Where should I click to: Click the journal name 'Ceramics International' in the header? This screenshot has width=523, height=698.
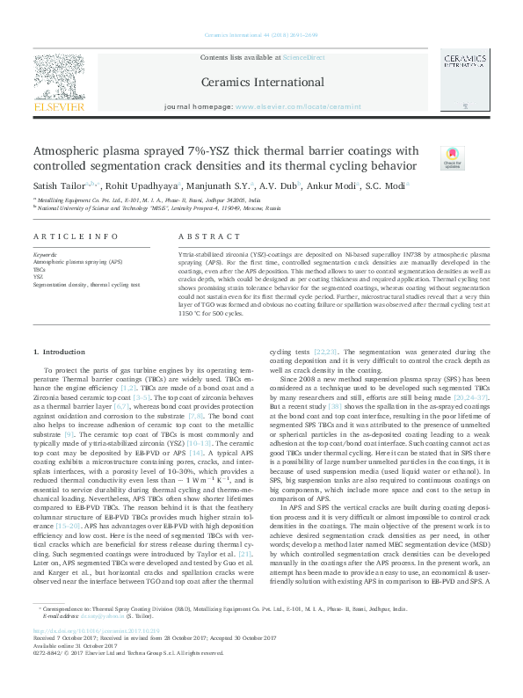tap(261, 82)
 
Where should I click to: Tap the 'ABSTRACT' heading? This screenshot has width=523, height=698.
tap(203, 238)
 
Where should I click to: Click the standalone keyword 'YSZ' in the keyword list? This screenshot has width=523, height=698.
tap(39, 277)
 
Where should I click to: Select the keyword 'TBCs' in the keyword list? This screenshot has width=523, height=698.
tap(40, 269)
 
